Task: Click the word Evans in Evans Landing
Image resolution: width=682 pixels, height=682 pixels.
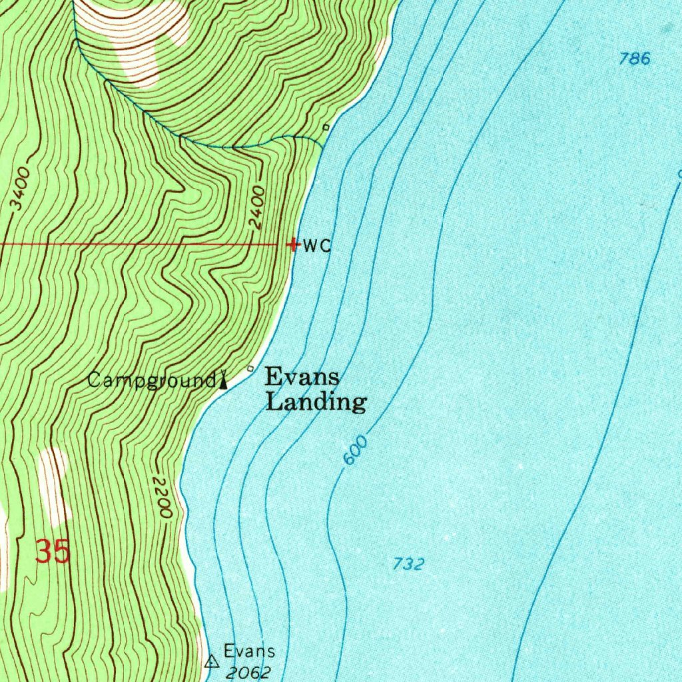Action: tap(302, 377)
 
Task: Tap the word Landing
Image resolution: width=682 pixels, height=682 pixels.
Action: tap(316, 402)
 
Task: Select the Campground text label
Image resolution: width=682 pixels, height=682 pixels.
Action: tap(151, 381)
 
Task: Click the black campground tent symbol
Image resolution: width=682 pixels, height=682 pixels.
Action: tap(224, 381)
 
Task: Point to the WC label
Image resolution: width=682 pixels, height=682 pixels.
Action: tap(317, 246)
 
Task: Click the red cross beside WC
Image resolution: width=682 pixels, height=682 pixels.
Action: tap(293, 244)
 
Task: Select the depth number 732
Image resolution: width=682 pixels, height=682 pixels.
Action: tap(408, 564)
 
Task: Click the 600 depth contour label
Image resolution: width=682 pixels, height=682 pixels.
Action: tap(356, 451)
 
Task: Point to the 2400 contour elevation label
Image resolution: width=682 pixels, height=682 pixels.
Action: tap(258, 208)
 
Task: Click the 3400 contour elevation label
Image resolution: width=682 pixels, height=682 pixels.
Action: tap(21, 192)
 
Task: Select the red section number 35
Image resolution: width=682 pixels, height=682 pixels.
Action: tap(53, 551)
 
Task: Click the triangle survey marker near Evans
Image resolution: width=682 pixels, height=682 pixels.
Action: tap(212, 661)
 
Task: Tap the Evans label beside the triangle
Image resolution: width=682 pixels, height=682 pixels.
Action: tap(249, 651)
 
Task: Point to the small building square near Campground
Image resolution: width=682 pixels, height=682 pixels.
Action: tap(250, 368)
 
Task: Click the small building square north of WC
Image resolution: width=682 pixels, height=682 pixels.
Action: tap(326, 127)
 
